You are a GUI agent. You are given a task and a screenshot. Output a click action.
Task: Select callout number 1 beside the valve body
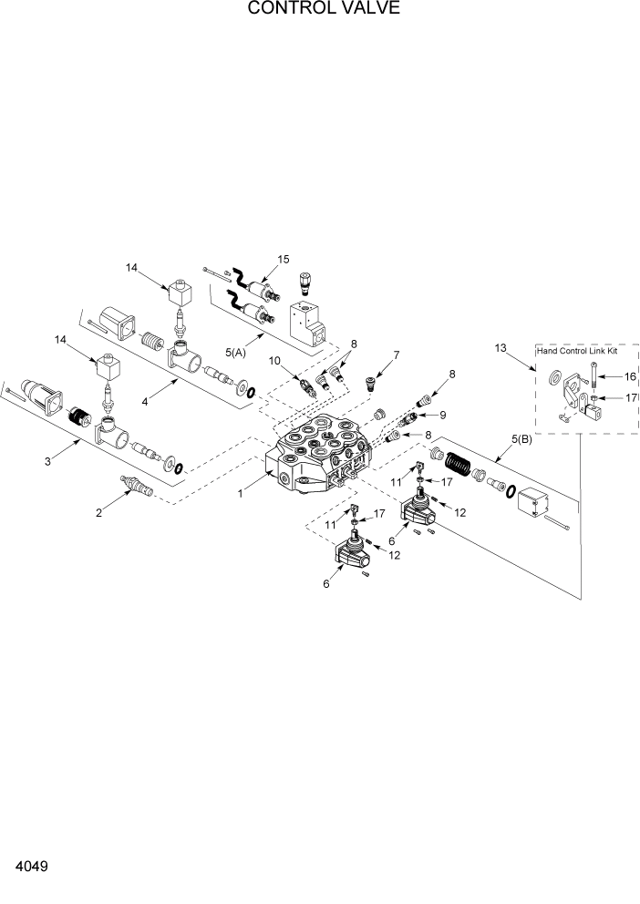coord(240,493)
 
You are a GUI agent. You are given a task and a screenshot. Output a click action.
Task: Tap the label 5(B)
coord(521,439)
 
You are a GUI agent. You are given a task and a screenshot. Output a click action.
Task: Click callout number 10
coord(274,362)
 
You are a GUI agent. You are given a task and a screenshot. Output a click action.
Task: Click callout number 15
coord(283,260)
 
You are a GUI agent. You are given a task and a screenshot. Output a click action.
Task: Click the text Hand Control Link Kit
coord(577,350)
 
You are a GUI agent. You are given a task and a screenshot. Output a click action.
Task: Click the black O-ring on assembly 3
coord(179,469)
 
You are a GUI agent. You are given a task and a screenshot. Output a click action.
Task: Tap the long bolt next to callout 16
coord(594,375)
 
